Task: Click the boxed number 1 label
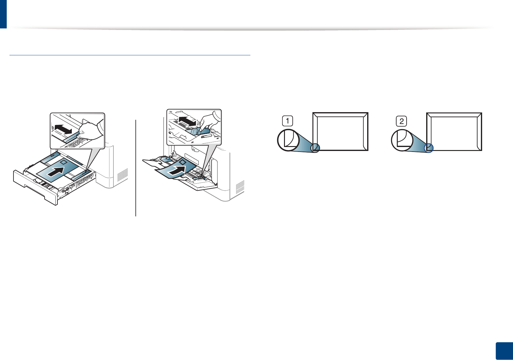pos(287,121)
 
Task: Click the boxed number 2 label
pos(401,121)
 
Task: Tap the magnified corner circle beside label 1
pos(288,140)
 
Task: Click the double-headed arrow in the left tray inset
pos(64,129)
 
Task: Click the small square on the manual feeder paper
pos(183,162)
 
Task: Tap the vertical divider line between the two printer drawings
pos(135,168)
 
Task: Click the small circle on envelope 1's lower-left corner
pos(315,148)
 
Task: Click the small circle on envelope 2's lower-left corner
pos(429,148)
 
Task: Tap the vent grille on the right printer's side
pos(240,187)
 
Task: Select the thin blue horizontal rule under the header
pos(130,55)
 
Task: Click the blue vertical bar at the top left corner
pos(3,14)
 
